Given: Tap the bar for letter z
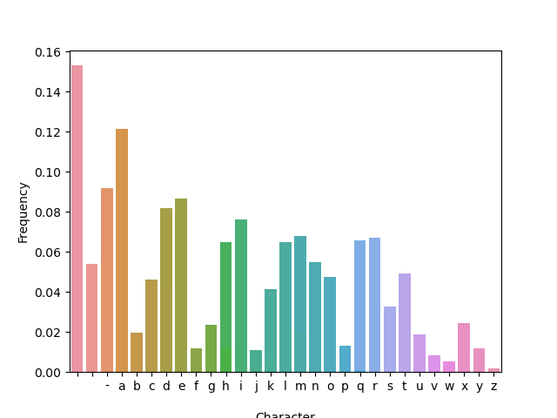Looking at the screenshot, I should pyautogui.click(x=493, y=370).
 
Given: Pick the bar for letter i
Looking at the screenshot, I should pyautogui.click(x=241, y=296).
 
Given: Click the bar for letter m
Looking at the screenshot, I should pyautogui.click(x=300, y=304).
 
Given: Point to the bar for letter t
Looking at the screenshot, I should pyautogui.click(x=405, y=323).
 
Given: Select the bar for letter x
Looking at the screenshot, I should pyautogui.click(x=464, y=347).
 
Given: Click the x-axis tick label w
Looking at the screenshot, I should pyautogui.click(x=449, y=386).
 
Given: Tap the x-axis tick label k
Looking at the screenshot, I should pyautogui.click(x=271, y=386).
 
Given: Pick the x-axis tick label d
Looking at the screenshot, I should pyautogui.click(x=166, y=386).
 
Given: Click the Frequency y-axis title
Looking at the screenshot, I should pyautogui.click(x=23, y=212).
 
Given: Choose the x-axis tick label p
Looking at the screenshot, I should pyautogui.click(x=345, y=386).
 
